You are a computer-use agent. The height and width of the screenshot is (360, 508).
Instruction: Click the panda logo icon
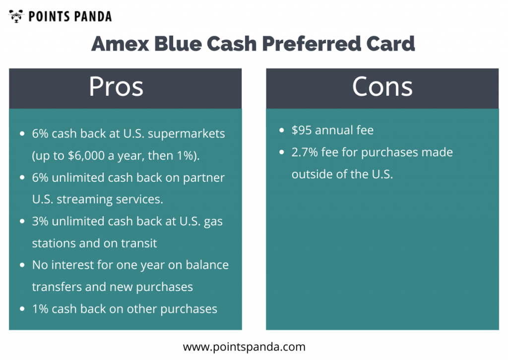pyautogui.click(x=16, y=16)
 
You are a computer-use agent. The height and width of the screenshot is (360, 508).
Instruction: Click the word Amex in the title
pyautogui.click(x=120, y=44)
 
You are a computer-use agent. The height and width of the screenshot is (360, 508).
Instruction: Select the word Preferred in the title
pyautogui.click(x=311, y=44)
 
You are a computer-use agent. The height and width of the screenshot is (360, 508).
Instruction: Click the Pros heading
pyautogui.click(x=116, y=86)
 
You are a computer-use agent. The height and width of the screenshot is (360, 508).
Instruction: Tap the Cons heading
pyautogui.click(x=382, y=86)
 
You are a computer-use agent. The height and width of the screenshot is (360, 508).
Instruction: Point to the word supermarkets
pyautogui.click(x=187, y=134)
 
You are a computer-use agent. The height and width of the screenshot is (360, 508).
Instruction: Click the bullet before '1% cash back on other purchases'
pyautogui.click(x=22, y=309)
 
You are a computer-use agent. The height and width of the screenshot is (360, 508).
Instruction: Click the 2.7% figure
pyautogui.click(x=305, y=152)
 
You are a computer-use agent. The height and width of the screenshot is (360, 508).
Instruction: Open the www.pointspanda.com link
pyautogui.click(x=244, y=347)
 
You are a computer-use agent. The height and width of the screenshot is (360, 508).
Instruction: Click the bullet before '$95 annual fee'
pyautogui.click(x=282, y=131)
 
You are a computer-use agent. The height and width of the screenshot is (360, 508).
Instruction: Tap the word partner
pyautogui.click(x=204, y=178)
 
